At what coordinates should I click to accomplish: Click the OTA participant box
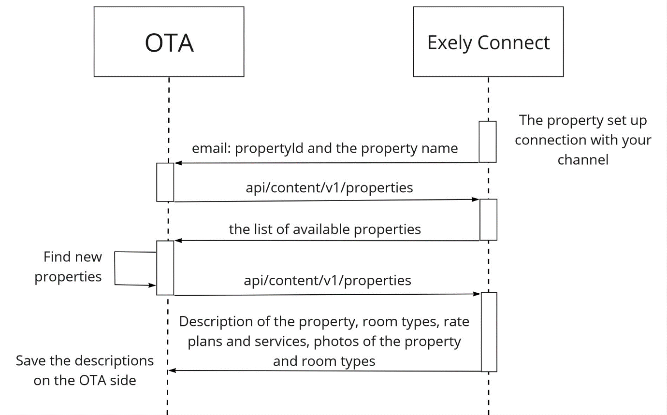point(169,42)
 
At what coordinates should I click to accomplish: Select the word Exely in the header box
point(449,43)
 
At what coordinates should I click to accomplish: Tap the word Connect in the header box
point(514,43)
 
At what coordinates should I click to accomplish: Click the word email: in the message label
point(211,148)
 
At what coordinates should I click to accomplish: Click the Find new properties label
point(68,267)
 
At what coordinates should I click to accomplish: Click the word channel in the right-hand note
point(583,160)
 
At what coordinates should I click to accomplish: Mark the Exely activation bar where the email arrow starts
point(488,142)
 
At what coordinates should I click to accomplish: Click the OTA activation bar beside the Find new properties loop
point(165,268)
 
